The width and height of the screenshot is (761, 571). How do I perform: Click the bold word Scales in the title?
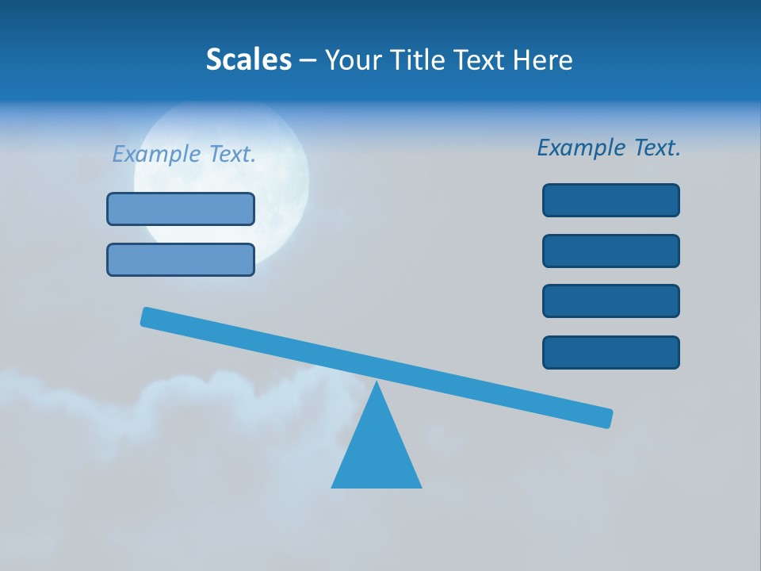pyautogui.click(x=248, y=60)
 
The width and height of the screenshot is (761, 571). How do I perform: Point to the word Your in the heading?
pyautogui.click(x=353, y=60)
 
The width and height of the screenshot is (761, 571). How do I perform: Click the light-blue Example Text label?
pyautogui.click(x=184, y=154)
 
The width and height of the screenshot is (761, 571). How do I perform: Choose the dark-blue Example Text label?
pyautogui.click(x=609, y=148)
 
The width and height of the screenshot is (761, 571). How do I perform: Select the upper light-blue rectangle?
pyautogui.click(x=181, y=209)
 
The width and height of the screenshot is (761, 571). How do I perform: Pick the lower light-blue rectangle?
pyautogui.click(x=181, y=259)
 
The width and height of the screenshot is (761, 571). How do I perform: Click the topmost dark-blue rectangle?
pyautogui.click(x=610, y=200)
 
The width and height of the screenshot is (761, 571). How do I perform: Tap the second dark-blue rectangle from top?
pyautogui.click(x=610, y=251)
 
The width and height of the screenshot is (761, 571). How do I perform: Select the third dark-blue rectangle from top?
pyautogui.click(x=610, y=301)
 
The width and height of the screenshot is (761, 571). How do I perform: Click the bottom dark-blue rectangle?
pyautogui.click(x=610, y=352)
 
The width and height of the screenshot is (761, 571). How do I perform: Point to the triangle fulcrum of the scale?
pyautogui.click(x=377, y=452)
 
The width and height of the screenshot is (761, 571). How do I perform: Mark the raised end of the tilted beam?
pyautogui.click(x=147, y=316)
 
